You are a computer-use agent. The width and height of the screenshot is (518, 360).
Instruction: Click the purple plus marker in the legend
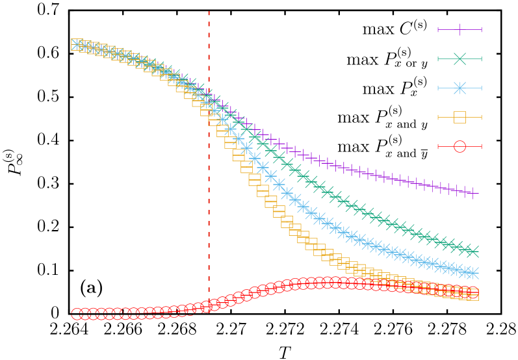click(460, 29)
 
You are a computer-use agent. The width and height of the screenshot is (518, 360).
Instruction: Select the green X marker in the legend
click(460, 58)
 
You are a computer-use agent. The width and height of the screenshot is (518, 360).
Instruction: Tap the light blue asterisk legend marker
click(460, 88)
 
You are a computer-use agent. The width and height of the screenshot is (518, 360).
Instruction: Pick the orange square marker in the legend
click(460, 117)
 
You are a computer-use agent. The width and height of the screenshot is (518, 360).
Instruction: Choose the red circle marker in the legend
click(460, 146)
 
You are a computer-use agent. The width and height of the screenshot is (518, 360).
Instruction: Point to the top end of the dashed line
click(209, 12)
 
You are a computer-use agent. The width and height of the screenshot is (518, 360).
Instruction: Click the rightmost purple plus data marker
click(473, 192)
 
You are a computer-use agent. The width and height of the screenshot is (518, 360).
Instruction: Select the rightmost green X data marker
click(473, 251)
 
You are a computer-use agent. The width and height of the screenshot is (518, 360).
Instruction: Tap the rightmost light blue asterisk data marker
click(473, 273)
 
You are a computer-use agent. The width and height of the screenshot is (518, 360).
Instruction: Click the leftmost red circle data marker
click(77, 314)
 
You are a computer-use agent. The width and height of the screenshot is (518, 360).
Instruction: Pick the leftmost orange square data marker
click(77, 44)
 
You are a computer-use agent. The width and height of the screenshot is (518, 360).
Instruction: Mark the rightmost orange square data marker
click(473, 294)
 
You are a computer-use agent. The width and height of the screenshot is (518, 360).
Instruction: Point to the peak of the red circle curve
click(328, 282)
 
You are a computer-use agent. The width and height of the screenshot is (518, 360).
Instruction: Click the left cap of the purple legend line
click(438, 29)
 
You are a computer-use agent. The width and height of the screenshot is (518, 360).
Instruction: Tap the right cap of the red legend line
click(481, 146)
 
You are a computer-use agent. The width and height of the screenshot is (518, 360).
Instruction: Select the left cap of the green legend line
click(438, 58)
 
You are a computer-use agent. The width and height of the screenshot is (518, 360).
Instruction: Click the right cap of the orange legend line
click(481, 117)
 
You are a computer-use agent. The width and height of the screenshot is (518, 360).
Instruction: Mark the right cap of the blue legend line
click(481, 88)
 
